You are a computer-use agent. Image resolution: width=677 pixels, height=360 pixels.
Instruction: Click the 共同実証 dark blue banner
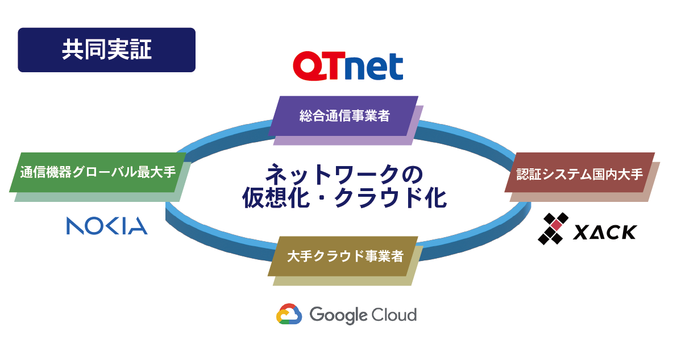(106, 50)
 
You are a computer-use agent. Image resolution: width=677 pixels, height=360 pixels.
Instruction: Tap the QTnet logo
(348, 66)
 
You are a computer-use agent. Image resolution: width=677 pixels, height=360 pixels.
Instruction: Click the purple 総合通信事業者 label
(344, 116)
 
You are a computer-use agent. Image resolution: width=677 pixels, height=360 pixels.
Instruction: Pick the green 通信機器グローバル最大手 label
(98, 172)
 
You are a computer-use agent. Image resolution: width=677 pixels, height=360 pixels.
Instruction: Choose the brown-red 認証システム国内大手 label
(579, 174)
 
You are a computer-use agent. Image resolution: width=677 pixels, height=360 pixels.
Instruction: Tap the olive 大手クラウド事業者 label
(344, 256)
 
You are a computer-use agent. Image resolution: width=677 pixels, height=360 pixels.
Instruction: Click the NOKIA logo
(107, 226)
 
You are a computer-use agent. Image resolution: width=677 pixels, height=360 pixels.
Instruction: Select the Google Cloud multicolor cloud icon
(289, 314)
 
